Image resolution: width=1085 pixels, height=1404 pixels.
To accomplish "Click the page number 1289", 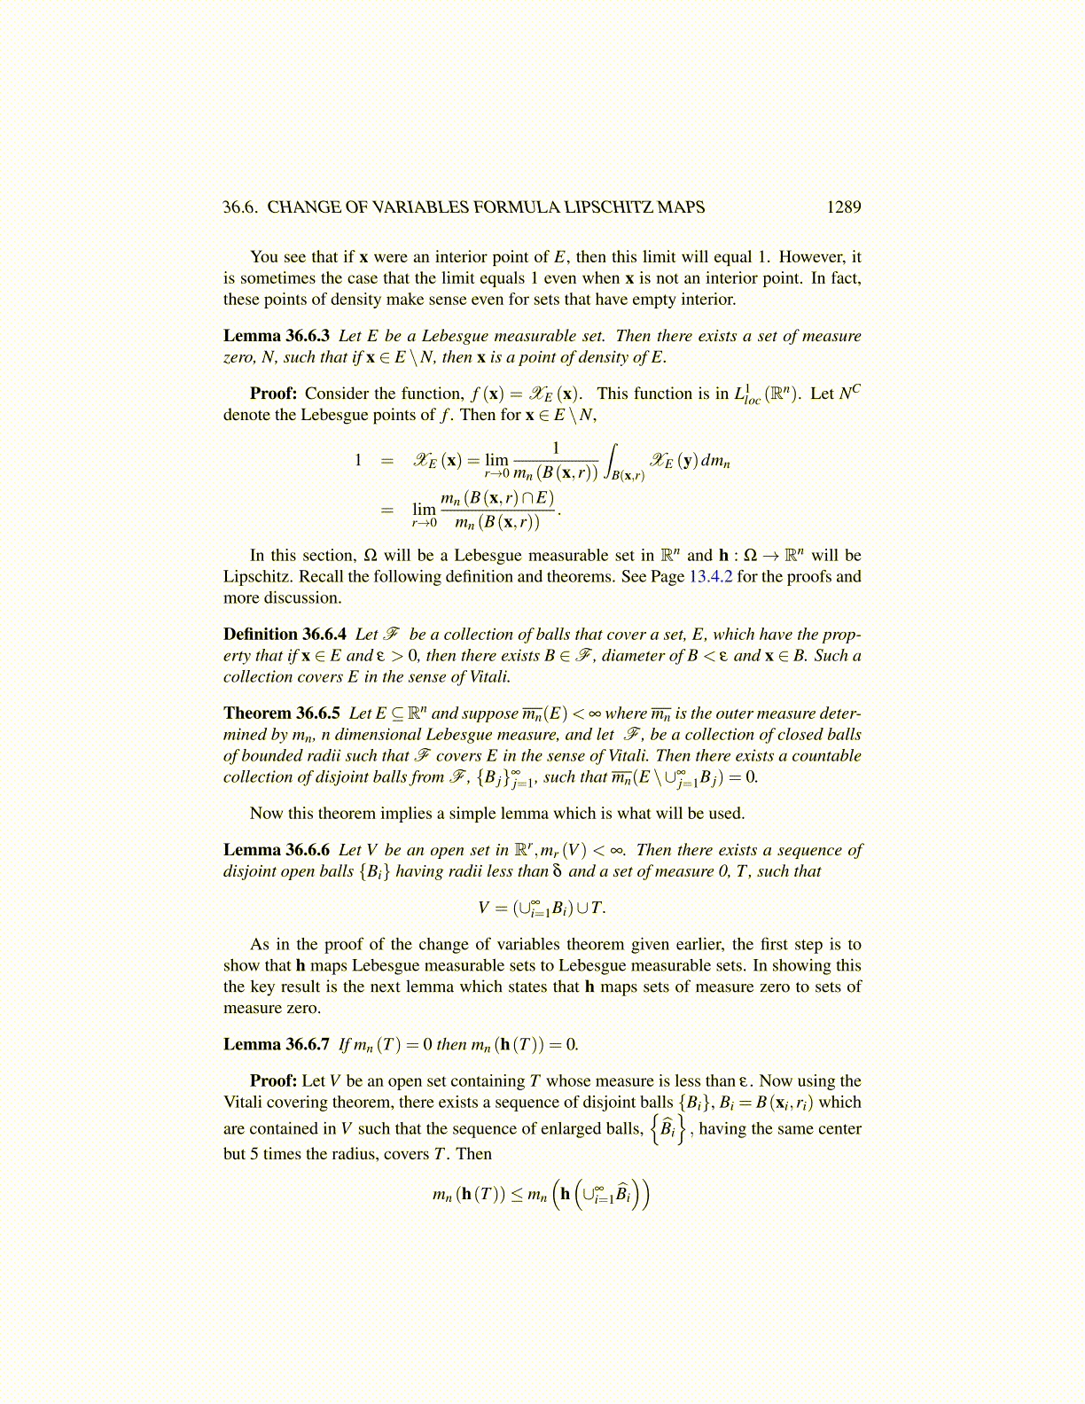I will point(843,207).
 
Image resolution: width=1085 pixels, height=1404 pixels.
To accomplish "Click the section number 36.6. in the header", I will point(240,207).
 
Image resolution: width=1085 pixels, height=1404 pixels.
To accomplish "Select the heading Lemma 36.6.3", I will point(277,336).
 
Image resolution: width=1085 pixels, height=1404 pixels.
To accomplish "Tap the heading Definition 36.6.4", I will point(285,635).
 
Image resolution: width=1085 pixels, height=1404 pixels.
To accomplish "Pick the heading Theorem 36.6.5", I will point(282,714).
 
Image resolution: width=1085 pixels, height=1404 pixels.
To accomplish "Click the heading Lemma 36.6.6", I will point(277,850).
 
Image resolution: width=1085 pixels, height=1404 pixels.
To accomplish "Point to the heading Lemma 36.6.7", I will point(277,1045).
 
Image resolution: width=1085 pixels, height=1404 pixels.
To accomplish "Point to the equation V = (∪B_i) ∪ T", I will point(542,908).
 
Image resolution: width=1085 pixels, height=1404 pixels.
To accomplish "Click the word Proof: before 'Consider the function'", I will point(273,394).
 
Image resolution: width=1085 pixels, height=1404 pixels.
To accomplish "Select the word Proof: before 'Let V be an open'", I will point(273,1081).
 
